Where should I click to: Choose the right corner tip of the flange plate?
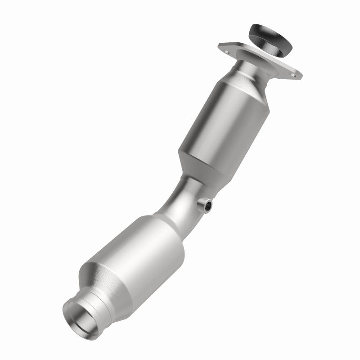pos(301,77)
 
